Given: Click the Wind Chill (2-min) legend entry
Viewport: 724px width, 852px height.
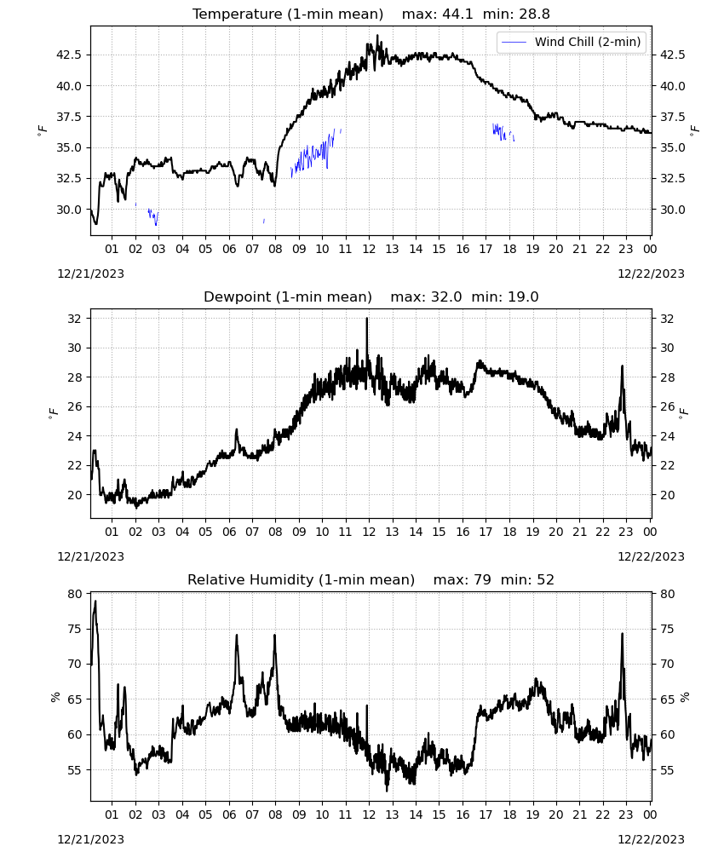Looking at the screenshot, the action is pos(572,42).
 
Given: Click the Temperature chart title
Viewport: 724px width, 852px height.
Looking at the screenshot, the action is pos(371,14).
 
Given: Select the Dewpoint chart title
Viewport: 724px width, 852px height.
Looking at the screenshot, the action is pos(371,296).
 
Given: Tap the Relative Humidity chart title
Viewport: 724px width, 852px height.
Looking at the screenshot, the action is pos(371,579).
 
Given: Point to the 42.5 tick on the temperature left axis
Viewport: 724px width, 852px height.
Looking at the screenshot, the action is pos(69,55).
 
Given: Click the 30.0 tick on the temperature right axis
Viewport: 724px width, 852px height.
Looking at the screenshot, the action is pos(672,210).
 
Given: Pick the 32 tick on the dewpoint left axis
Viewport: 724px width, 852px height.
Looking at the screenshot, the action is pos(74,319).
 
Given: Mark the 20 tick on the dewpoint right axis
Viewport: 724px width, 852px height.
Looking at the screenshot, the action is pos(666,495).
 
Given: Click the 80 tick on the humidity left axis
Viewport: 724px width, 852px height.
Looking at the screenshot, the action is pos(74,594).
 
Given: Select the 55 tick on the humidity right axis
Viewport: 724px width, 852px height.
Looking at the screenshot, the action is pos(666,770).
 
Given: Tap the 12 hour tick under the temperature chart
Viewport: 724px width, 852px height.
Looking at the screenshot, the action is pos(369,249).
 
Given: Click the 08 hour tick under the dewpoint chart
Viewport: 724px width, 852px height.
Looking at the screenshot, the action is pos(275,532).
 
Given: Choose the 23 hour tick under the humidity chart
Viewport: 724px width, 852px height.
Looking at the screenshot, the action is pos(626,815).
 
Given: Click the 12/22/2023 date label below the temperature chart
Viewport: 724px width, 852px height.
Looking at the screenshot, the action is pos(651,273).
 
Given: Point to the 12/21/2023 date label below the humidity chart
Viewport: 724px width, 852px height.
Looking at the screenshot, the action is pos(90,839).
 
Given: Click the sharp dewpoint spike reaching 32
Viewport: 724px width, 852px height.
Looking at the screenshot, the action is pos(366,319).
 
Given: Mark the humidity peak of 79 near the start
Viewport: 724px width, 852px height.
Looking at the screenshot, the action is pos(95,602).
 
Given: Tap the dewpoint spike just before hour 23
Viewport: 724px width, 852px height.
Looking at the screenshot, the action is pos(622,366).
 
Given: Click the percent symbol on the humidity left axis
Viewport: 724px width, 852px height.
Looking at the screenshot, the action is pos(55,697).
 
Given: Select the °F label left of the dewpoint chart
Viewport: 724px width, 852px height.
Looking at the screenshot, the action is pos(53,413).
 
